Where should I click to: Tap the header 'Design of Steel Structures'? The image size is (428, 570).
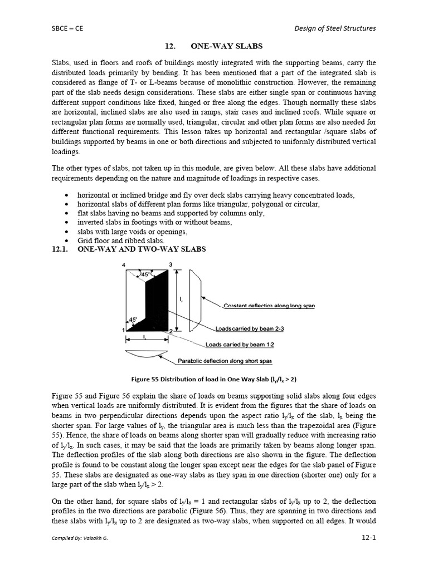tap(334, 28)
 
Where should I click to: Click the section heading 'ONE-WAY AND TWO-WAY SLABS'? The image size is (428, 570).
tap(142, 249)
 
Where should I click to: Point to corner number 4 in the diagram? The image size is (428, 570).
tap(124, 264)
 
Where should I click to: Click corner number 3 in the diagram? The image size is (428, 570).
tap(171, 264)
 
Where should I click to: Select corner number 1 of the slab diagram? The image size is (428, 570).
tap(123, 331)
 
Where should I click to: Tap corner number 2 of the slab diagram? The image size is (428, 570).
tap(171, 331)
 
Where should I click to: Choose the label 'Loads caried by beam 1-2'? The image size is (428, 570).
tap(240, 345)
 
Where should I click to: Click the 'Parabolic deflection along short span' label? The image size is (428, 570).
tap(225, 361)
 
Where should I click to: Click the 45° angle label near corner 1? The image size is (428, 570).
tap(133, 320)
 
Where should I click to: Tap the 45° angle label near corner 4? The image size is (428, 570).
tap(145, 274)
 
